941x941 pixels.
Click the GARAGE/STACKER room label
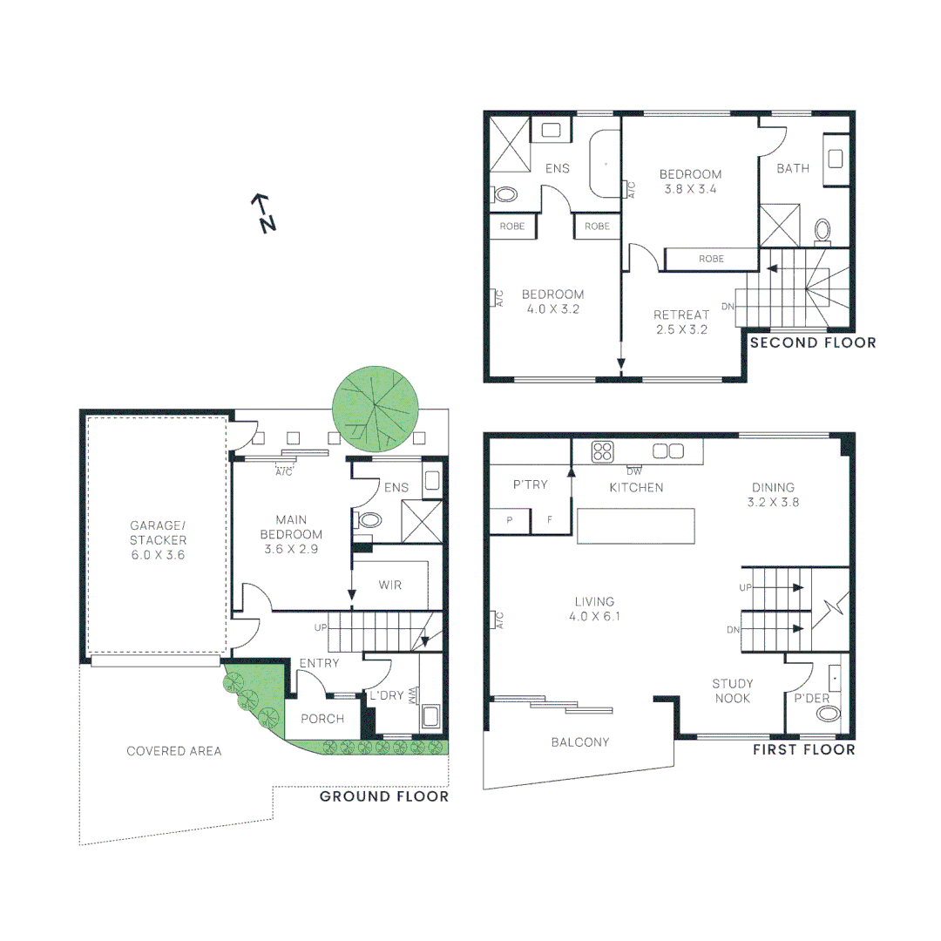click(x=158, y=539)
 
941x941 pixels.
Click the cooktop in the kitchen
click(x=602, y=451)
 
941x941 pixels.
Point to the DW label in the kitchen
click(x=633, y=471)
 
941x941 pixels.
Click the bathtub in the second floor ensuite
click(x=605, y=165)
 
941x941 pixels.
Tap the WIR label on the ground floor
click(x=390, y=585)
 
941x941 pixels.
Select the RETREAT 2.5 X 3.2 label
click(x=680, y=322)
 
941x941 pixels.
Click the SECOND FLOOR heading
click(x=813, y=343)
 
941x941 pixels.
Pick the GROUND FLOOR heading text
click(x=384, y=796)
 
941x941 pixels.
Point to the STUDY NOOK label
click(x=732, y=691)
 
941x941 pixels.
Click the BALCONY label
click(x=580, y=742)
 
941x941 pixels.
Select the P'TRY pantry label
click(x=530, y=484)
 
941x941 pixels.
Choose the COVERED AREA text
click(x=174, y=751)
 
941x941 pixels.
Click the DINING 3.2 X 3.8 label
click(x=774, y=495)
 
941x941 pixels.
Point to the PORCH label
click(x=322, y=719)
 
